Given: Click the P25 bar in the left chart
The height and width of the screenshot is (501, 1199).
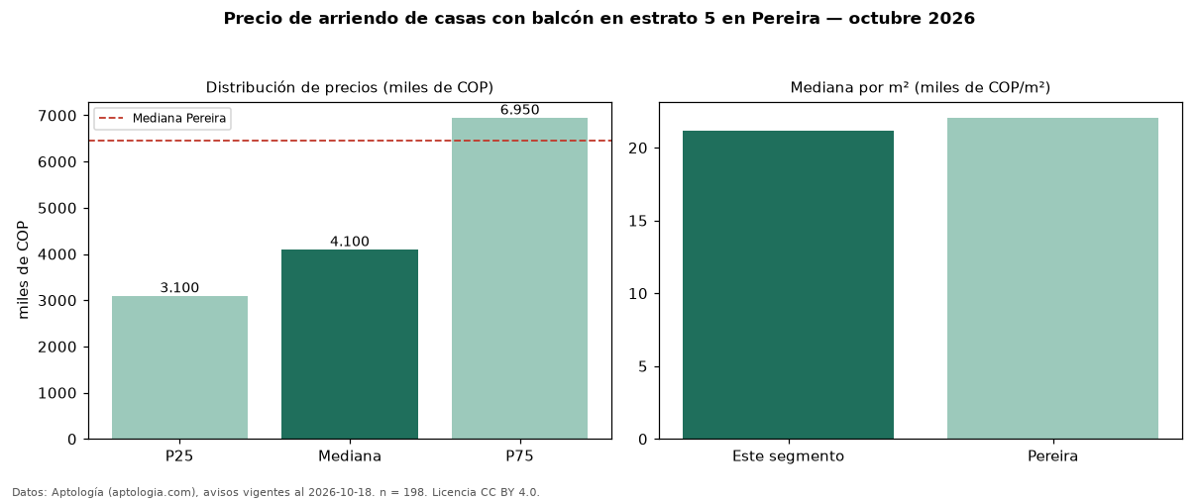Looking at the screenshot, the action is pyautogui.click(x=180, y=367).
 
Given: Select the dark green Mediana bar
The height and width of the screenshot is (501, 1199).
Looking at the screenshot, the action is pyautogui.click(x=350, y=345).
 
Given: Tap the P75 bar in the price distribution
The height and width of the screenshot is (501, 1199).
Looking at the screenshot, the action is pyautogui.click(x=519, y=278).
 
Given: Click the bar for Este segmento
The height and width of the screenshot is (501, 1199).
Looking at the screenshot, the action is pyautogui.click(x=788, y=285).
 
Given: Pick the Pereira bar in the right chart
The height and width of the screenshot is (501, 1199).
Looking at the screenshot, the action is pyautogui.click(x=1052, y=278).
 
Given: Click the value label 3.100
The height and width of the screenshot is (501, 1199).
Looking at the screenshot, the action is pyautogui.click(x=180, y=288).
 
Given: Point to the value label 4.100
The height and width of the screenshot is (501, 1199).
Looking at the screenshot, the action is pyautogui.click(x=350, y=242).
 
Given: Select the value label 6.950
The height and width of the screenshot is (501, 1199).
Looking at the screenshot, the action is pyautogui.click(x=519, y=110).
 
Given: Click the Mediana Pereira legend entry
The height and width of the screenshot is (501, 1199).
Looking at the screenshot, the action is pyautogui.click(x=163, y=118).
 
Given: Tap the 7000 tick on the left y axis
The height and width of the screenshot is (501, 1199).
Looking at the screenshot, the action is pyautogui.click(x=57, y=116).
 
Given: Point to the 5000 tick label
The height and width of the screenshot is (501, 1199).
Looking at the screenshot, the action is pyautogui.click(x=57, y=208).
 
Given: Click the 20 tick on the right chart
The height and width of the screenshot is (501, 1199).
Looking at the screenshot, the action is pyautogui.click(x=637, y=149).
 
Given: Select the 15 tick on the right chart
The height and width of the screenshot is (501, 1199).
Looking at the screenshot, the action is pyautogui.click(x=637, y=221).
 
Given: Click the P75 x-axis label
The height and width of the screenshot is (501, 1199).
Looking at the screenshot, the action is pyautogui.click(x=519, y=456).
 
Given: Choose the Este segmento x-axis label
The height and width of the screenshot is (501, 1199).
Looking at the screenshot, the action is pyautogui.click(x=788, y=456).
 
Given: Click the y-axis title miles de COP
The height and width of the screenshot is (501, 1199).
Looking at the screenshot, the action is pyautogui.click(x=23, y=270).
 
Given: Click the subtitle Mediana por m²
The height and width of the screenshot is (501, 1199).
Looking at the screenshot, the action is pyautogui.click(x=921, y=87).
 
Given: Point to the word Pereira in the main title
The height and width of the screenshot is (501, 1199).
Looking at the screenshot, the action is pyautogui.click(x=786, y=18).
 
